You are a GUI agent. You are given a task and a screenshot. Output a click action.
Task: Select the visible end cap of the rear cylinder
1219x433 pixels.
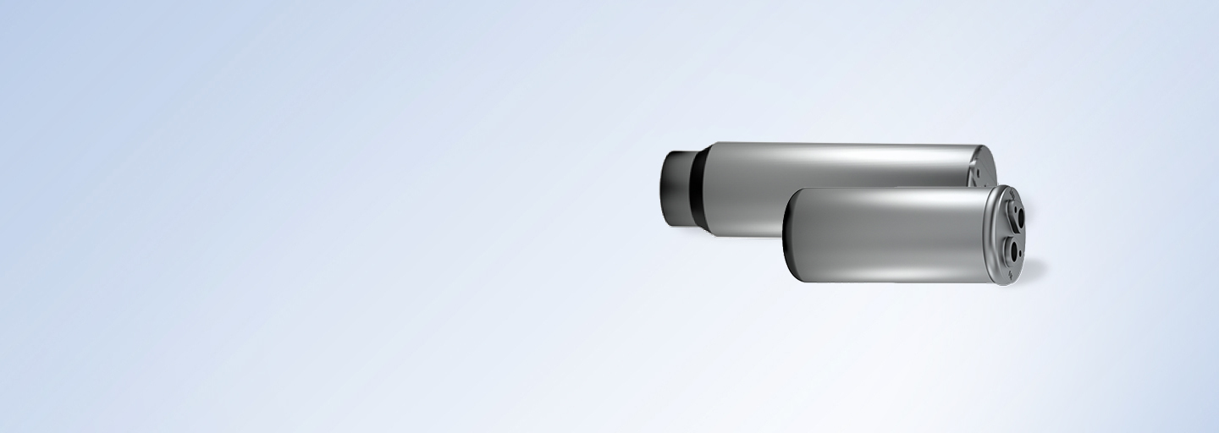point(983,166)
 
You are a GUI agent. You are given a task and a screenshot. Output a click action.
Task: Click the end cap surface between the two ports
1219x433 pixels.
point(1012,233)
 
